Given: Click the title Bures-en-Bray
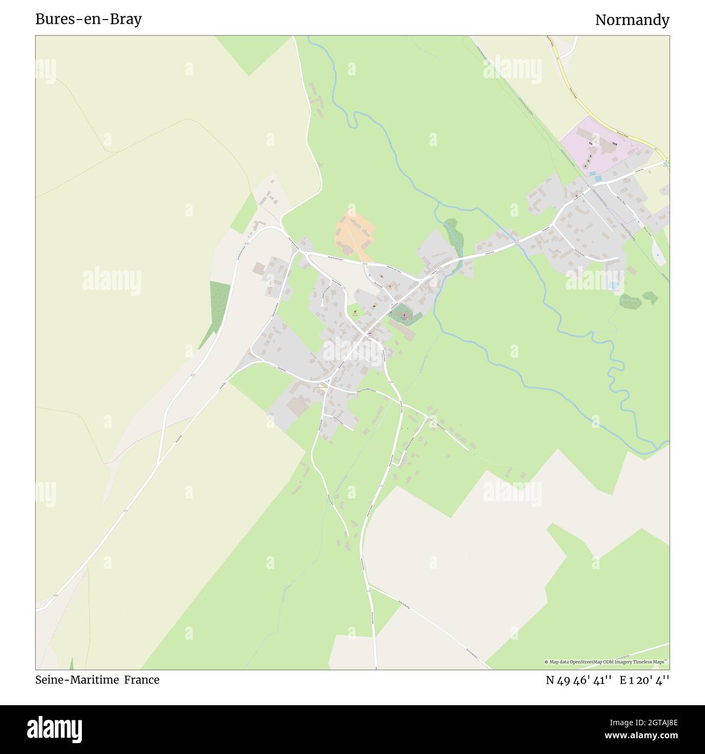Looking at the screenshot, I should [88, 20].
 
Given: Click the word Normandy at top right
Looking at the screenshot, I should [632, 20].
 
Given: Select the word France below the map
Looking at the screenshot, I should [142, 680].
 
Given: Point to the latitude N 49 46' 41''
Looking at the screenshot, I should [579, 680].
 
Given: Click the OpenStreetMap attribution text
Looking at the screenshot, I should [607, 662].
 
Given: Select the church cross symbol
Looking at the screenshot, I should [403, 312].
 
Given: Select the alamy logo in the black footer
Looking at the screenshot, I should [55, 728].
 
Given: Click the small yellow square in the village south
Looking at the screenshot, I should [323, 387].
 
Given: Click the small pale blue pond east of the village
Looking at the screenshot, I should [612, 284].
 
